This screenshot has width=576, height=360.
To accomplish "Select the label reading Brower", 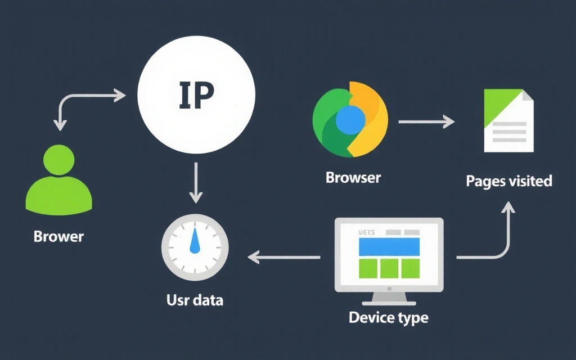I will (x=58, y=236).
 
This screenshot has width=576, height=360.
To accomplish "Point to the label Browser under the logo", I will (x=353, y=178).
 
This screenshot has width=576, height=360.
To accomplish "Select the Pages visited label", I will (x=508, y=181).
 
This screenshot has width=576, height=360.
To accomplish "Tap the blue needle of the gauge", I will (x=195, y=241).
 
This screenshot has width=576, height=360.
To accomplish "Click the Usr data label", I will (x=195, y=300).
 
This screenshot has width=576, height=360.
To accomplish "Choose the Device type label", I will (x=388, y=317).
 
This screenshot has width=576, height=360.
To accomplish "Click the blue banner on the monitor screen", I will (x=389, y=246).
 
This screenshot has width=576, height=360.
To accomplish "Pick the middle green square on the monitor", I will (x=389, y=268).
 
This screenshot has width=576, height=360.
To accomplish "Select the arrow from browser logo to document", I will (x=426, y=121).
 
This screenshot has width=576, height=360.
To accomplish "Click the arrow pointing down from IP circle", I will (x=195, y=182).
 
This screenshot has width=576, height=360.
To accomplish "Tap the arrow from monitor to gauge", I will (x=284, y=258).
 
